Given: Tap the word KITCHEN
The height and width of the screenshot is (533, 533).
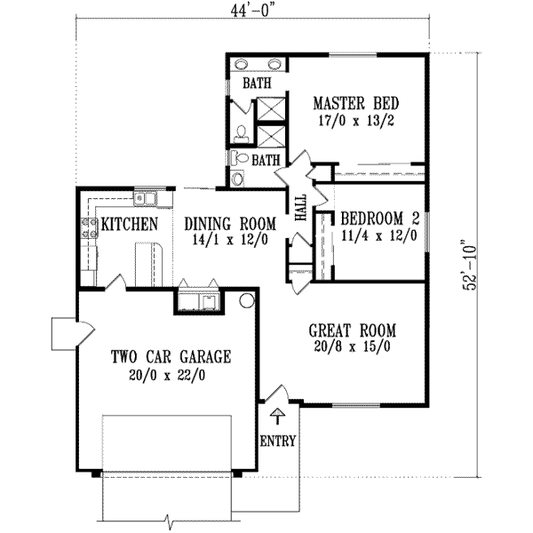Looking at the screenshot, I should tap(129, 224).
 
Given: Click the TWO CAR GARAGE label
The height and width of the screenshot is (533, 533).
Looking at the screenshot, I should tap(171, 357).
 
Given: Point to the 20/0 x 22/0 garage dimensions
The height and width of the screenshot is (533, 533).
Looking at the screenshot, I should tap(171, 375).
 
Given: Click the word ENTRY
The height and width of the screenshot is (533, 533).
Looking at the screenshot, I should tap(278, 441).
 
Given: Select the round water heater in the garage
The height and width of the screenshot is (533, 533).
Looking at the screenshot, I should tap(246, 301).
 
